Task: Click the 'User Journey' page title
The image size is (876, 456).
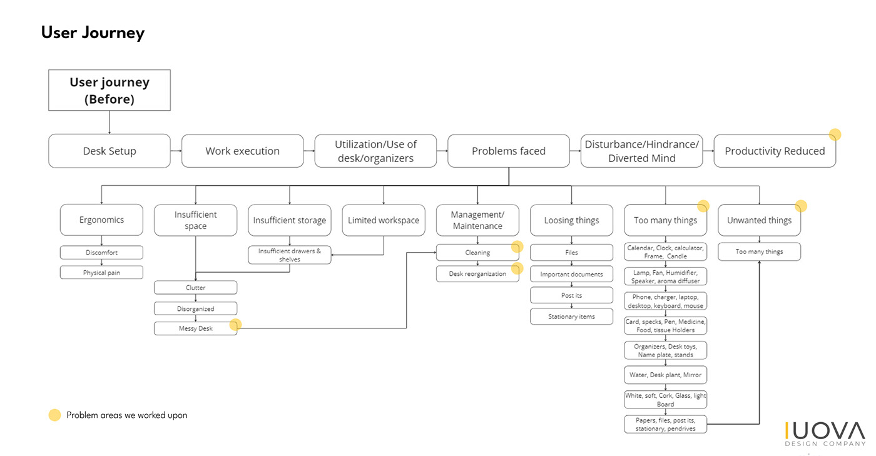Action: tap(93, 33)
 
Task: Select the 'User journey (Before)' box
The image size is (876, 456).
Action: tap(109, 90)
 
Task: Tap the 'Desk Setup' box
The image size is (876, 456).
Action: tap(109, 151)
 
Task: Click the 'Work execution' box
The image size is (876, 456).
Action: tap(242, 151)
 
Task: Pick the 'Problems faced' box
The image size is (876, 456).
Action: tap(508, 151)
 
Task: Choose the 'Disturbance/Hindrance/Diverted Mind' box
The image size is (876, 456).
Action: tap(641, 151)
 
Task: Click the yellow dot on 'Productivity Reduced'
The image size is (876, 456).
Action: tap(835, 134)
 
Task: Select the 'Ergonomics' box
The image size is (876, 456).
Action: tap(101, 220)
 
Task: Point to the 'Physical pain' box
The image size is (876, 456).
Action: tap(101, 273)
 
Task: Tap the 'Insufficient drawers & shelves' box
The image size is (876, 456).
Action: tap(290, 255)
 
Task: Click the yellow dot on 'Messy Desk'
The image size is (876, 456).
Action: tap(235, 325)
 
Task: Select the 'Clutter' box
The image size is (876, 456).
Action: tap(195, 288)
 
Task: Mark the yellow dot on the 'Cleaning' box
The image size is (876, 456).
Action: tap(517, 246)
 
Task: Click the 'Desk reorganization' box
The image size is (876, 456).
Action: tap(477, 274)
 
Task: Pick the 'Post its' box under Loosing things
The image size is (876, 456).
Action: tap(571, 295)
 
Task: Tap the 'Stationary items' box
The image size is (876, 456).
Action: tap(571, 317)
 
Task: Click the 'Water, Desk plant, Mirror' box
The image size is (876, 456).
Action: tap(665, 375)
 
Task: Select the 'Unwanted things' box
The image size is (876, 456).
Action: tap(759, 220)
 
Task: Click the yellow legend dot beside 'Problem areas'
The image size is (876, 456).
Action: tap(55, 415)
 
